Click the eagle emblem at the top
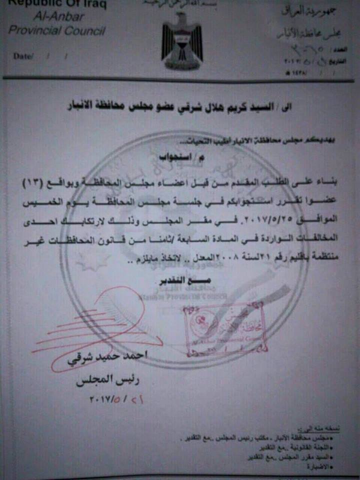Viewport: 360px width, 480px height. [182, 40]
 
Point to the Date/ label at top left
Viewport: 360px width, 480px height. [23, 56]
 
